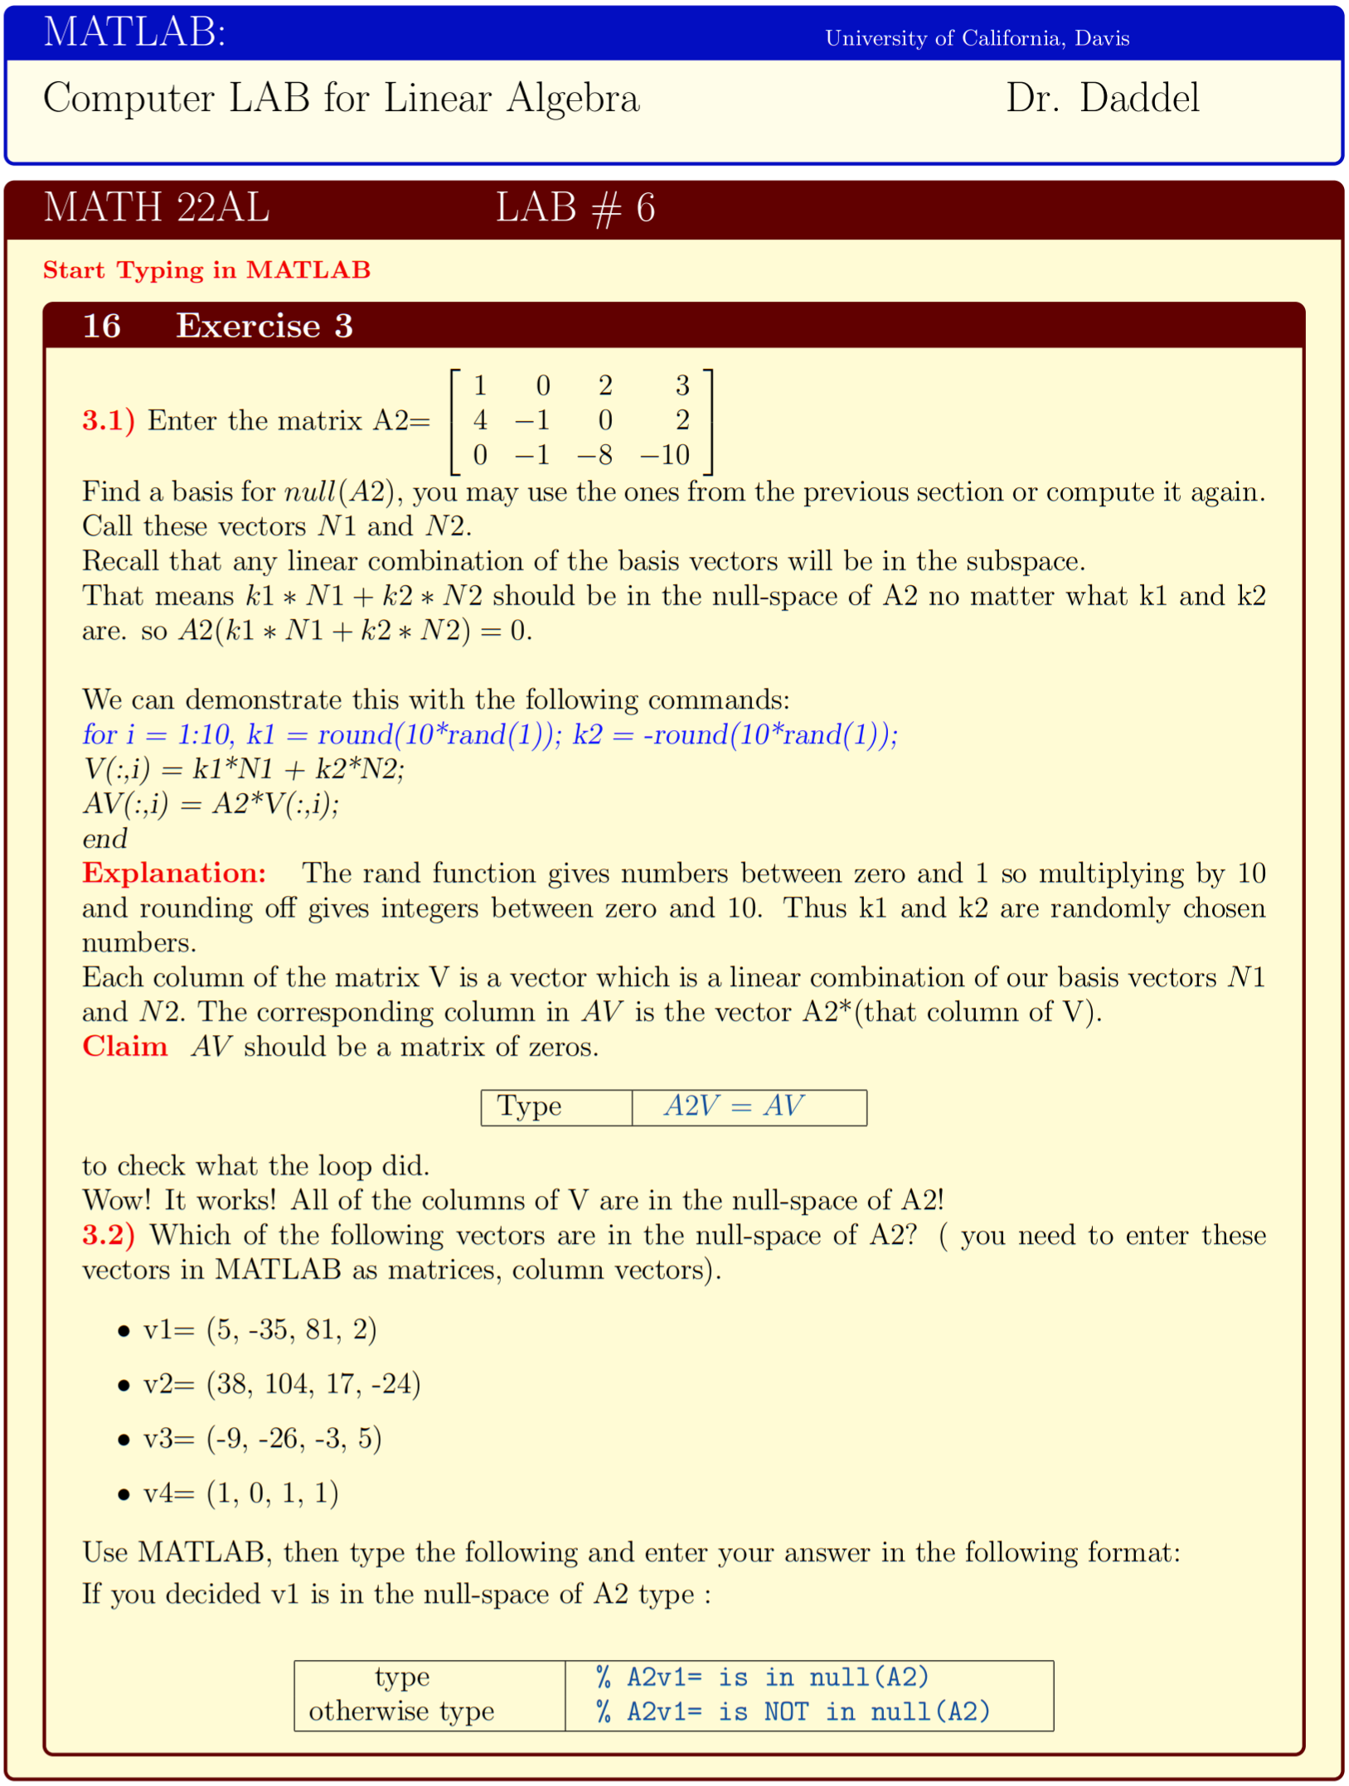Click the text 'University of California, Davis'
(976, 38)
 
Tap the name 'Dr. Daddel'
(1102, 99)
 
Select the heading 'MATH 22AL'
(156, 207)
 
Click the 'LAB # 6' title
(575, 208)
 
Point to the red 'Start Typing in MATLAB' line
(206, 270)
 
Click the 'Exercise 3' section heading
(264, 326)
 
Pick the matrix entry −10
(665, 455)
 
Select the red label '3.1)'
(108, 421)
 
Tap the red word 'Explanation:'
(174, 874)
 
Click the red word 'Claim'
(124, 1047)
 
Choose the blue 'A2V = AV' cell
(735, 1106)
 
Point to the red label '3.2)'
(108, 1236)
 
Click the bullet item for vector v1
(259, 1330)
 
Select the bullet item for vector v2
(281, 1385)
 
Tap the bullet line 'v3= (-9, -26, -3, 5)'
(261, 1439)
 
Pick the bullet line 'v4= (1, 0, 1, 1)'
(240, 1493)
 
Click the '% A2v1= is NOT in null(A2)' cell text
(793, 1712)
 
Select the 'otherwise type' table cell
(401, 1712)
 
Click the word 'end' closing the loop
(104, 839)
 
